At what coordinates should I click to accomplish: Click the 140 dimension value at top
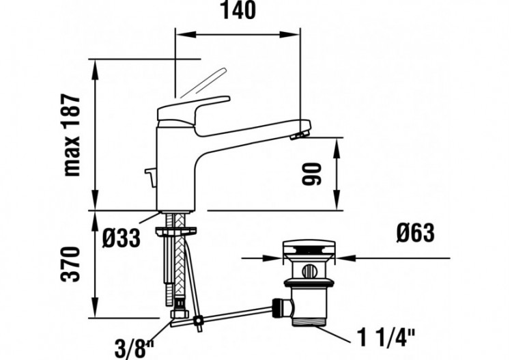point(238,12)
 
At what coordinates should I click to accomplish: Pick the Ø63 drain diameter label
point(413,234)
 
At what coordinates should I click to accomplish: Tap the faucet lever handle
point(195,108)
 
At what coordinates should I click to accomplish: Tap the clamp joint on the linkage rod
point(197,320)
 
